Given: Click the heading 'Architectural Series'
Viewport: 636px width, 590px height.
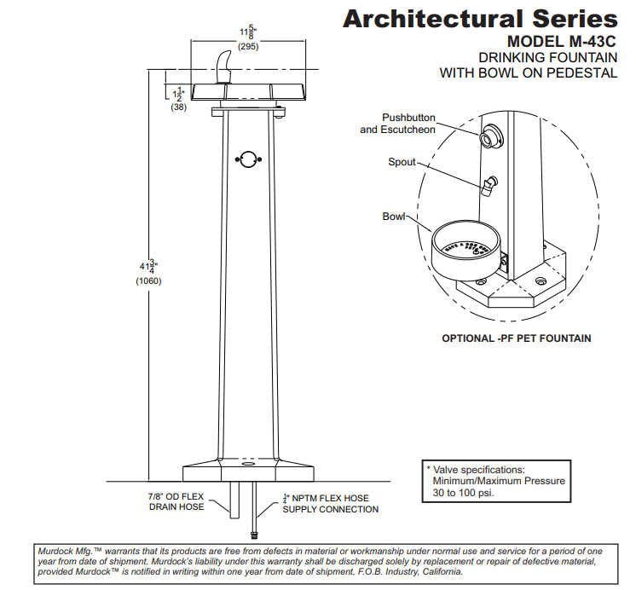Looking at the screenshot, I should click(480, 18).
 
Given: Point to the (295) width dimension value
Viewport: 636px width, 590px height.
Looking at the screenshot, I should click(248, 47).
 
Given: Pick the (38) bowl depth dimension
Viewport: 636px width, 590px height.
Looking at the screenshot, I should click(179, 107).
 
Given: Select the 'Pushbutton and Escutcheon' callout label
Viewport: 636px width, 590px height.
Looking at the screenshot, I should click(397, 124).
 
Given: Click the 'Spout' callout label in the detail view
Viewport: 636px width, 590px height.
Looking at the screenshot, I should click(402, 161).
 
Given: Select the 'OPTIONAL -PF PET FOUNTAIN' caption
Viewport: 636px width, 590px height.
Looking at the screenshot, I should click(516, 338).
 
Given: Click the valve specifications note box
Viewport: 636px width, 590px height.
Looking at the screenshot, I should click(495, 481).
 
